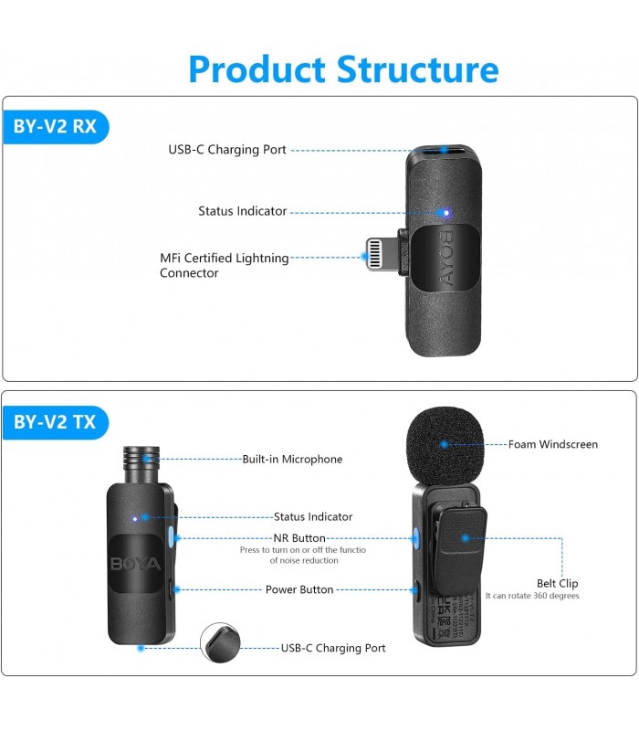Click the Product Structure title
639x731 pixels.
[343, 69]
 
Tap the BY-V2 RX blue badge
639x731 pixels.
[55, 126]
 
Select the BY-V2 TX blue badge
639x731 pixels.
[55, 422]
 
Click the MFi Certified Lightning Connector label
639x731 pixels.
[224, 265]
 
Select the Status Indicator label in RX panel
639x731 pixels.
[242, 211]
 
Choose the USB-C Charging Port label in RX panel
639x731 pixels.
[226, 150]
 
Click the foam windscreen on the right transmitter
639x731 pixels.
[445, 443]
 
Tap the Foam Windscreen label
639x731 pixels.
[554, 445]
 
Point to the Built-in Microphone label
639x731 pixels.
[292, 460]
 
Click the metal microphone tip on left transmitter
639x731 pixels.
[141, 462]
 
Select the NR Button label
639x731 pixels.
[299, 538]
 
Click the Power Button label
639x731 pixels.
[299, 589]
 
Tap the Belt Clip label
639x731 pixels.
[557, 583]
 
